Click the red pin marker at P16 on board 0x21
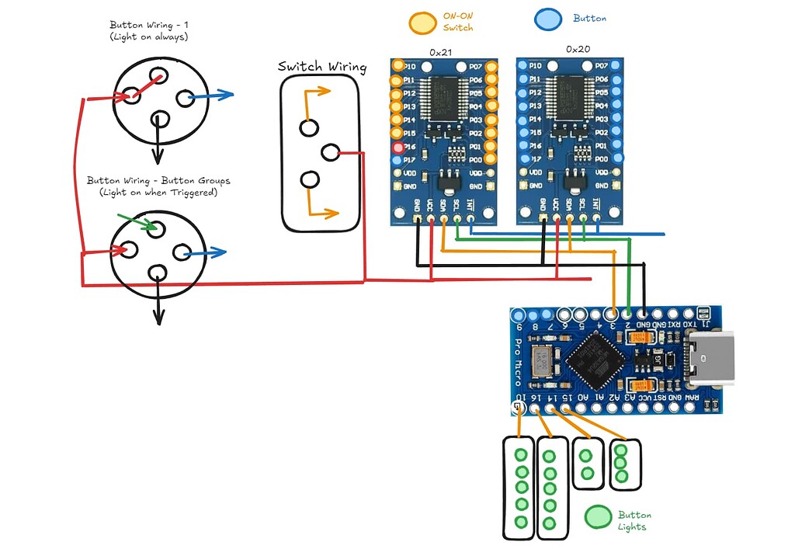pos(398,147)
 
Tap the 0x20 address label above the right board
pos(578,49)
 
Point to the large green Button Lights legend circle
pos(598,518)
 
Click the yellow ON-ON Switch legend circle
pos(423,23)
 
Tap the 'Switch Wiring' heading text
pos(322,67)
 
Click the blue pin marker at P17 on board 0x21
pos(398,160)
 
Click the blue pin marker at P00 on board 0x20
pos(617,158)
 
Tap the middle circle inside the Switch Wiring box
pos(330,152)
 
